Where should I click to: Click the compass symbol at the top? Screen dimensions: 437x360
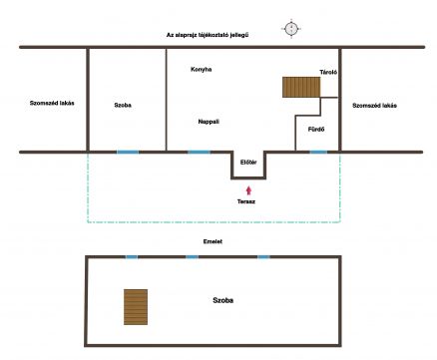click(x=291, y=28)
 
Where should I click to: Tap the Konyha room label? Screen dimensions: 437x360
click(x=202, y=69)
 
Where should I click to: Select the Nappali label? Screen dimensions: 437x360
click(x=209, y=122)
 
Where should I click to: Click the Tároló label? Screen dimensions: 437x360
click(x=328, y=72)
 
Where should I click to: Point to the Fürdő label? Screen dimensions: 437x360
click(x=316, y=129)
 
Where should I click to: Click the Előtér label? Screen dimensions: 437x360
click(x=248, y=163)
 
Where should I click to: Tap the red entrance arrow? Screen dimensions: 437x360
click(x=248, y=190)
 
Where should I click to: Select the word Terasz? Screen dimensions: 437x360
click(x=246, y=201)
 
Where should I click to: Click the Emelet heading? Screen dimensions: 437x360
click(x=213, y=241)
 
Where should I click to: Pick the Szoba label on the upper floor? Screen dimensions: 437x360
click(x=223, y=300)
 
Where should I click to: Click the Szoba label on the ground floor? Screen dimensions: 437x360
click(x=123, y=105)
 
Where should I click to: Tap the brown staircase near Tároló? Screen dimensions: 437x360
click(x=301, y=87)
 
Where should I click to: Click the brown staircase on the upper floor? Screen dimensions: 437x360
click(x=136, y=307)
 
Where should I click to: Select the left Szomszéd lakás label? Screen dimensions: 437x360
click(x=52, y=103)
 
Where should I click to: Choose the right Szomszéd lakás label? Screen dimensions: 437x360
click(x=374, y=106)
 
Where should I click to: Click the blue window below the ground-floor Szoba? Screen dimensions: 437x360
click(x=128, y=153)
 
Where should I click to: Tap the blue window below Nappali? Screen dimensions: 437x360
click(x=200, y=153)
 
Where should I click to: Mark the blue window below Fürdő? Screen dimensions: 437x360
click(x=318, y=153)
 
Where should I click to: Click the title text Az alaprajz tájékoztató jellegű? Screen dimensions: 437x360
click(x=208, y=35)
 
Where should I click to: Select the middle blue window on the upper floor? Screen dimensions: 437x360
click(x=192, y=256)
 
